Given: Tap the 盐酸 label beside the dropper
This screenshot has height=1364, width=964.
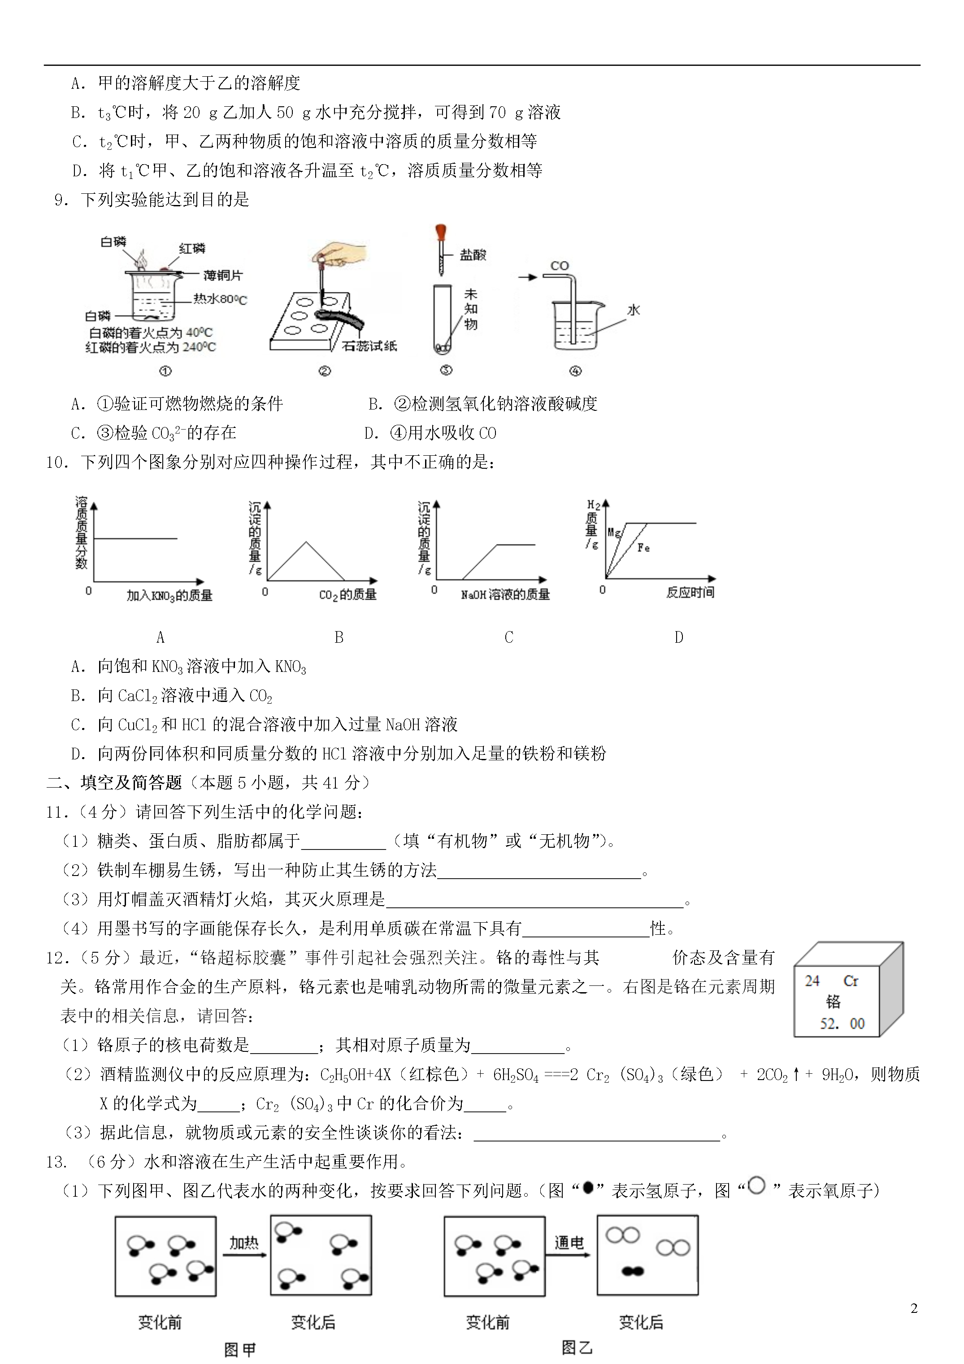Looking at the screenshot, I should click(473, 255).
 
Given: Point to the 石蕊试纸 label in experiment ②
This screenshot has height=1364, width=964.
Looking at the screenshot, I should click(369, 346).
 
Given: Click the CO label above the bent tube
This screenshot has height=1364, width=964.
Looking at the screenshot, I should click(560, 265).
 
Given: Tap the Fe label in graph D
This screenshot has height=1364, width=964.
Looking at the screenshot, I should click(643, 548).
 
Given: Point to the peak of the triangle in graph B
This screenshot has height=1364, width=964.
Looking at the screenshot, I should click(306, 542).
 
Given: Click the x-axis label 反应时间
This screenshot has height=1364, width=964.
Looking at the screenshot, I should click(690, 593).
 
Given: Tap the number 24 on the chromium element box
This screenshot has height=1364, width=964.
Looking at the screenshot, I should click(812, 981).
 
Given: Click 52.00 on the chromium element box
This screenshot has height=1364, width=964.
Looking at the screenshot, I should click(842, 1023).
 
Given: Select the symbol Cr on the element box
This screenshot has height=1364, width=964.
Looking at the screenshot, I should click(851, 981).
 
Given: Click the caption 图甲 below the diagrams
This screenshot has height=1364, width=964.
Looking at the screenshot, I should click(240, 1350).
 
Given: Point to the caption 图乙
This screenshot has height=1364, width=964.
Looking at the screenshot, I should click(576, 1347).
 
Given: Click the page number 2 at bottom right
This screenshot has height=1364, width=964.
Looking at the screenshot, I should click(913, 1308).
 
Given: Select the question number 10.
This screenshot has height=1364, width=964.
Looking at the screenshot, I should click(57, 462).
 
